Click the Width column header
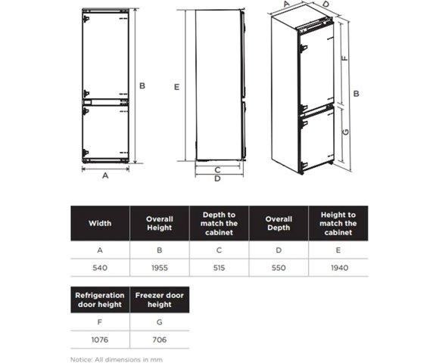click(x=100, y=223)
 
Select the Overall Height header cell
click(x=160, y=223)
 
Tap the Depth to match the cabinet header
click(x=219, y=223)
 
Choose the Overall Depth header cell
click(x=279, y=223)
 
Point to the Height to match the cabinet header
click(x=338, y=223)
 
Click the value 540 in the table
click(x=100, y=268)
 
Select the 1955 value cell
click(x=160, y=268)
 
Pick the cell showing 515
click(x=219, y=268)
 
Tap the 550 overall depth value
click(x=279, y=268)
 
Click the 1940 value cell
click(x=339, y=268)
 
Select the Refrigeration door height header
click(x=100, y=299)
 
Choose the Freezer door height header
click(x=160, y=299)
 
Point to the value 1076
click(x=100, y=340)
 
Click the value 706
click(x=160, y=340)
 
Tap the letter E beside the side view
click(x=176, y=87)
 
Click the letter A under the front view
click(x=105, y=175)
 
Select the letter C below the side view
click(x=217, y=169)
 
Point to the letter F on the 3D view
click(x=344, y=58)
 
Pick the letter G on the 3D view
click(x=346, y=132)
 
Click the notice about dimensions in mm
click(x=117, y=360)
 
